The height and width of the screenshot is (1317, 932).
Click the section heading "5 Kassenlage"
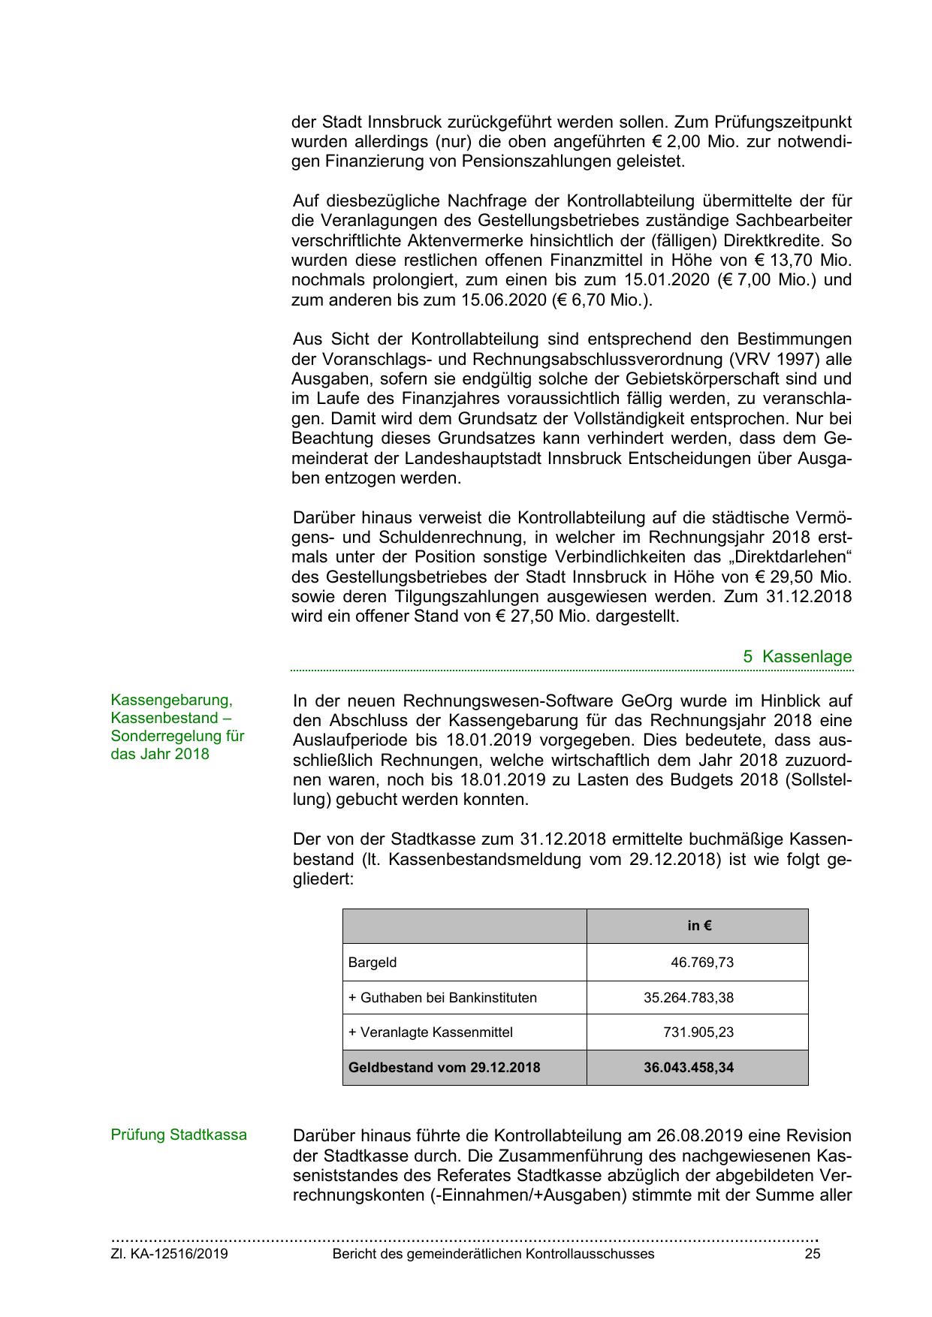click(798, 656)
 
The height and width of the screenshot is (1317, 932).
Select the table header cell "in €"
click(699, 926)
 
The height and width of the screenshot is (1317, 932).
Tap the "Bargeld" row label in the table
click(372, 963)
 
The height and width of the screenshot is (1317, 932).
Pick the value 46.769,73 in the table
click(701, 963)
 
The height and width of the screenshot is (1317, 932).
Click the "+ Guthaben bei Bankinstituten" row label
click(442, 998)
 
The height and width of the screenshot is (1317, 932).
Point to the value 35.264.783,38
click(688, 998)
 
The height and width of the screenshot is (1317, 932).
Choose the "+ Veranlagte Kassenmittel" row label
click(430, 1032)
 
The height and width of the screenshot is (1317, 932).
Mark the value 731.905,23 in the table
click(698, 1032)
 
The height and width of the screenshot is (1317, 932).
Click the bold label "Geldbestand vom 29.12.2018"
click(444, 1068)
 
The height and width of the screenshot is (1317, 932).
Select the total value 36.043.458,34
click(688, 1068)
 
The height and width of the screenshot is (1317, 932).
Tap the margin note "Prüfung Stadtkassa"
click(179, 1135)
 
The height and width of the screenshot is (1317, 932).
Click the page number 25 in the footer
click(812, 1254)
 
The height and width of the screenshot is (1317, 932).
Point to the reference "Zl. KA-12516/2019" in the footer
click(170, 1254)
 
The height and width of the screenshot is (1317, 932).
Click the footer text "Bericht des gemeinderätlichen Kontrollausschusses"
click(493, 1254)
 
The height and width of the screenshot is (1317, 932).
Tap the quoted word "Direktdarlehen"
click(791, 557)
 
